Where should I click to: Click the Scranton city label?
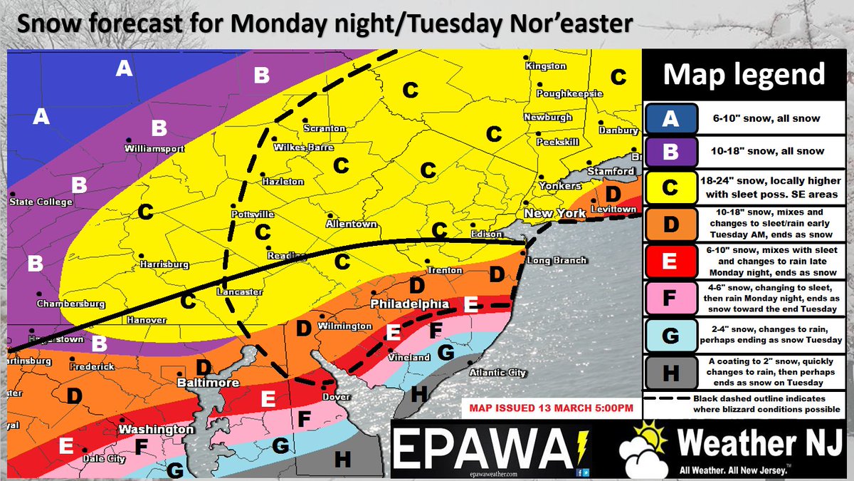click(x=325, y=129)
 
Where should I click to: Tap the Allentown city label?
click(x=351, y=224)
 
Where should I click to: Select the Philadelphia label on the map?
click(x=408, y=304)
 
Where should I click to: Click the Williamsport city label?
click(x=154, y=149)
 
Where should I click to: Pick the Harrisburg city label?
click(x=164, y=264)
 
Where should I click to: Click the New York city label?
click(x=554, y=213)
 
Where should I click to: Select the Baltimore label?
click(x=208, y=383)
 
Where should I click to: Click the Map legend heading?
click(x=744, y=74)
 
